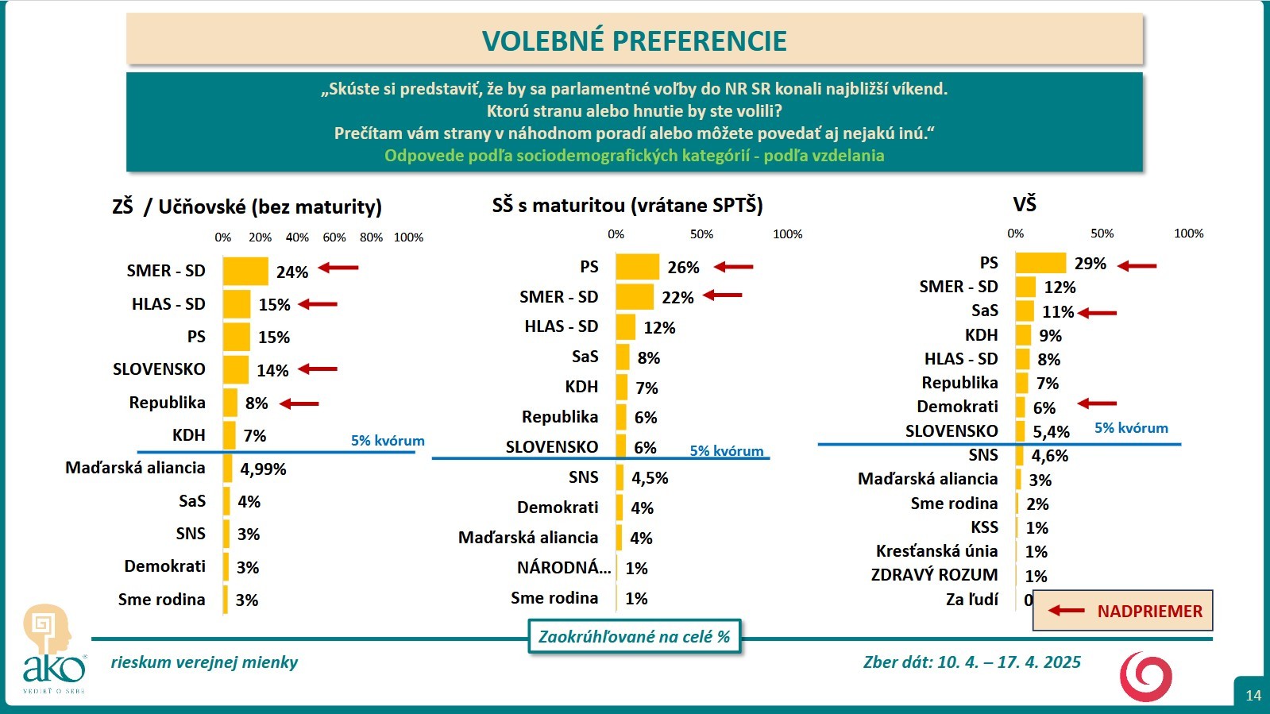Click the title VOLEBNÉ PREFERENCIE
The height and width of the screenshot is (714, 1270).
[x=634, y=41]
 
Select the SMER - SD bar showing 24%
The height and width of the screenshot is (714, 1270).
[x=245, y=272]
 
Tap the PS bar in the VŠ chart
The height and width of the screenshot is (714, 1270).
[x=1040, y=263]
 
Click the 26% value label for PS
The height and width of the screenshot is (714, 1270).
[x=683, y=268]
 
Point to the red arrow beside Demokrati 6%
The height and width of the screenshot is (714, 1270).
[x=1097, y=404]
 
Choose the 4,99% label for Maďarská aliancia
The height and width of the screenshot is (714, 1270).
[x=263, y=469]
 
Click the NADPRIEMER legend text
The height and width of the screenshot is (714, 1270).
[x=1149, y=612]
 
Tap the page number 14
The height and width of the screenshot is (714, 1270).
[x=1253, y=696]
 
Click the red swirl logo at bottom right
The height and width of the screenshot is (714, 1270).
[x=1145, y=677]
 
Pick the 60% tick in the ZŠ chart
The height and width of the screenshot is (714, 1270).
[x=334, y=237]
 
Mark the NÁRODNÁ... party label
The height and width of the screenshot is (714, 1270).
[x=564, y=568]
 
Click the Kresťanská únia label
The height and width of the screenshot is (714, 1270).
[x=936, y=551]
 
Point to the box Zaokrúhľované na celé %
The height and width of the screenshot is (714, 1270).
[x=634, y=637]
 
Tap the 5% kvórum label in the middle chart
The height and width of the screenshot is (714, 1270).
[x=726, y=451]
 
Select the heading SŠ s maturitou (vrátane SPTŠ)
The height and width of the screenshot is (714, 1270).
[x=627, y=206]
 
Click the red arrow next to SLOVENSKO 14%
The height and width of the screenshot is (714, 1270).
[x=318, y=369]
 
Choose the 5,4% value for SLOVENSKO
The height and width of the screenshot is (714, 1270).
[x=1051, y=432]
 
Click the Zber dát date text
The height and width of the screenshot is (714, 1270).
[x=971, y=662]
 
